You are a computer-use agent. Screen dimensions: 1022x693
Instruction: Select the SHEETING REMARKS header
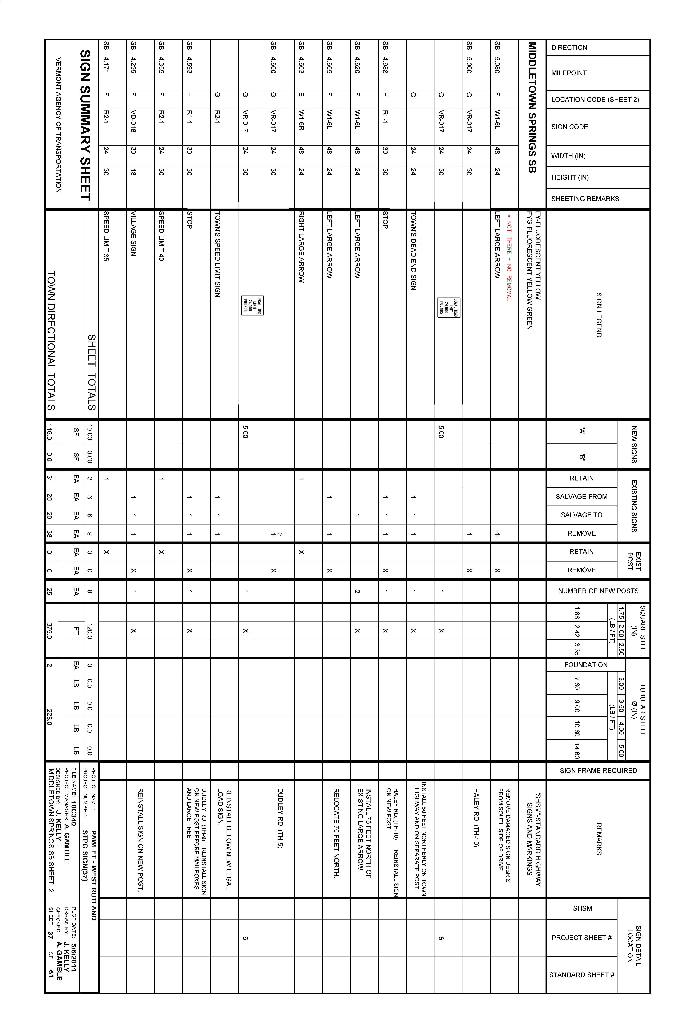pyautogui.click(x=585, y=199)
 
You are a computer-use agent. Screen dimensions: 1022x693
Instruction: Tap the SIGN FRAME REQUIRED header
pyautogui.click(x=598, y=770)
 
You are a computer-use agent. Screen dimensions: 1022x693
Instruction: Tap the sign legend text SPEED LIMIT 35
pyautogui.click(x=106, y=236)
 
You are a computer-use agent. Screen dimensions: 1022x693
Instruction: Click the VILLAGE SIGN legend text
pyautogui.click(x=134, y=234)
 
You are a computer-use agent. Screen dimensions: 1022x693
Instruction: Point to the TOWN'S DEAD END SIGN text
pyautogui.click(x=413, y=251)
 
